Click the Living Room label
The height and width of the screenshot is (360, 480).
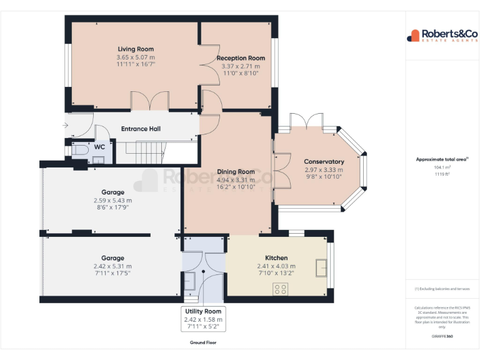coord(136,49)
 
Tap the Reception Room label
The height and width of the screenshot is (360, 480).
coord(241,58)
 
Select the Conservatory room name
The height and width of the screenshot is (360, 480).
coord(324,162)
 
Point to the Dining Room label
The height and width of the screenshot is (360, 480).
coord(236,172)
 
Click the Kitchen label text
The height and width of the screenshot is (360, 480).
coord(276,258)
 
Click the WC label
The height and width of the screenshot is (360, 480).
coord(99,147)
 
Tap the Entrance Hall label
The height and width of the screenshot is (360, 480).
coord(141,129)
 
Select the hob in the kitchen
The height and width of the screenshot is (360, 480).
coord(281,289)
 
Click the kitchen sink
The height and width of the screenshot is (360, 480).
coord(322,267)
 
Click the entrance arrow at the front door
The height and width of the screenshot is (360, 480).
coord(67,126)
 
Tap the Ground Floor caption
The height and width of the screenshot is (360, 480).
coord(202,342)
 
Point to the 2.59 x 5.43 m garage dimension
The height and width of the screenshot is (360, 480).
coord(112,201)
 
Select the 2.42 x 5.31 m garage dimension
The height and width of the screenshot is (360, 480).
coord(112,266)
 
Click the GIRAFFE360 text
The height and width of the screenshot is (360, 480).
coord(442,336)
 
